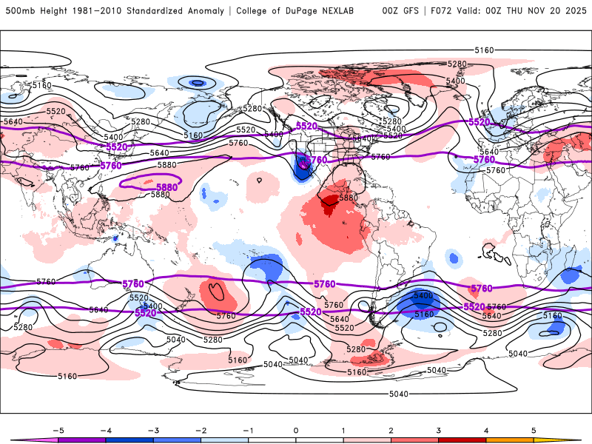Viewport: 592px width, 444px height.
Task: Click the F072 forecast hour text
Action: point(445,11)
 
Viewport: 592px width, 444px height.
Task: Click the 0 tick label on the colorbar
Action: point(296,429)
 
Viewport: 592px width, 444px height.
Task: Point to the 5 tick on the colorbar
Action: point(534,429)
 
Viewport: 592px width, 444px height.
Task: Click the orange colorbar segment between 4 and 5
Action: point(511,440)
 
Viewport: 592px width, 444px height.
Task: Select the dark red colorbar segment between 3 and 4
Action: point(462,440)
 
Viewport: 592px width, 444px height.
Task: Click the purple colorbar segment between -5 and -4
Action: point(81,440)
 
